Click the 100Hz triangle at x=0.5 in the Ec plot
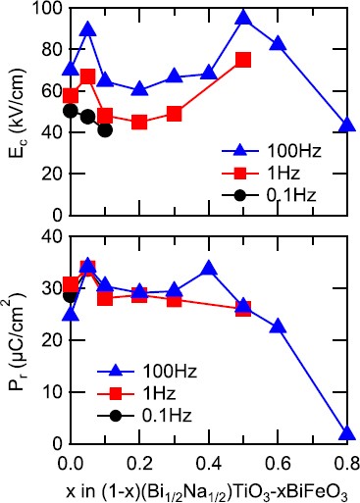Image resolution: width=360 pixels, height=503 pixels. (x=243, y=19)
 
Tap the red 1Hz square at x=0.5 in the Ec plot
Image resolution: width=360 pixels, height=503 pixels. (x=243, y=60)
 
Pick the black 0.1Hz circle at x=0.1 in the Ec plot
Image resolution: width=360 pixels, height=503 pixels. (x=105, y=129)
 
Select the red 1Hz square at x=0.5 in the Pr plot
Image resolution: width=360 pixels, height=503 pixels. (x=243, y=309)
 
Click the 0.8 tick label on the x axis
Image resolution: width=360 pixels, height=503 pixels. (x=346, y=461)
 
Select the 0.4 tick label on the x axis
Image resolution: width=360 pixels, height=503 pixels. (x=209, y=461)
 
